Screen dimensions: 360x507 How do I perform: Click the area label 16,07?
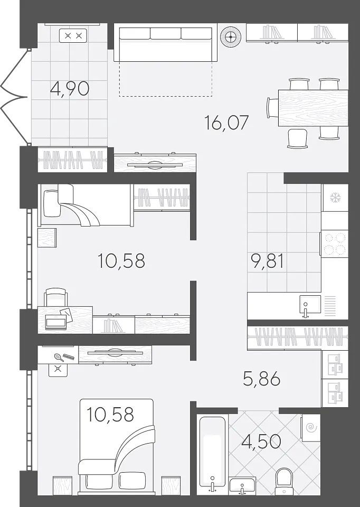[226, 123]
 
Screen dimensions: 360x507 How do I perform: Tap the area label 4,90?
[70, 88]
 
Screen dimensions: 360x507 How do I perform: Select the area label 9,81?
[268, 261]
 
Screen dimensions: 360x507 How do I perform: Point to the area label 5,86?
[261, 378]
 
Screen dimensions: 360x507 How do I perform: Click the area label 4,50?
[261, 442]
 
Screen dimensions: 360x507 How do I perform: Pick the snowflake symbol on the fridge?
[335, 198]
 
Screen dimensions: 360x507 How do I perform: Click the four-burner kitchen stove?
[335, 243]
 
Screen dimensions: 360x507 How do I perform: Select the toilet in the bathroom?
[284, 481]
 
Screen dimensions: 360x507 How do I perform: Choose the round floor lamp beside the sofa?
[231, 36]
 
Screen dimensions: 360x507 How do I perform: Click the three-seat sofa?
[165, 44]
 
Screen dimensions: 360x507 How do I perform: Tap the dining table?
[313, 108]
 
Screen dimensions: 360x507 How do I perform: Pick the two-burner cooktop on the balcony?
[73, 35]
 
